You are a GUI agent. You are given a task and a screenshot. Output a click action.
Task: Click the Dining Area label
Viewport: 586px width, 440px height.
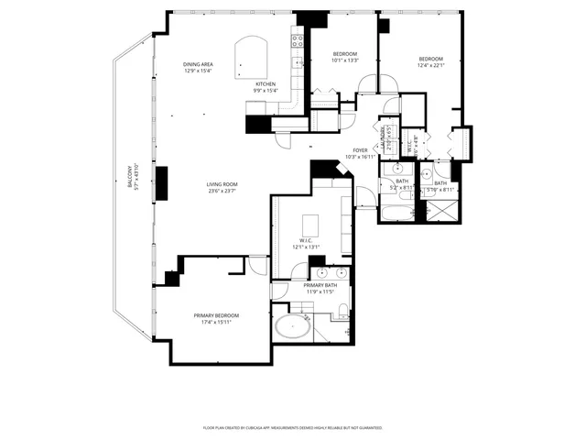pos(198,64)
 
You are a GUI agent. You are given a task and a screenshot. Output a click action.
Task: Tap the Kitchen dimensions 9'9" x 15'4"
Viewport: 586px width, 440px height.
pos(265,91)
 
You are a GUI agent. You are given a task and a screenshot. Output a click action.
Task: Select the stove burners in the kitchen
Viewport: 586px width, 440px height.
pos(298,40)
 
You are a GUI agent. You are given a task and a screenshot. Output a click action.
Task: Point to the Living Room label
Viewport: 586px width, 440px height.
pos(222,184)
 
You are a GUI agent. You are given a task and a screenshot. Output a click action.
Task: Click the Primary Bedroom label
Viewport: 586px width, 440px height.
pos(216,316)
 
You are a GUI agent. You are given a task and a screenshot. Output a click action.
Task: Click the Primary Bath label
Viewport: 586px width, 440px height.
pos(320,285)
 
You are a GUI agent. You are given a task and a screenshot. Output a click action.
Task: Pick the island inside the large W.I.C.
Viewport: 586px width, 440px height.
pos(311,225)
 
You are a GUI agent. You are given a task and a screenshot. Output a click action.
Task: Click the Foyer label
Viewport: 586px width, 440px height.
pos(361,150)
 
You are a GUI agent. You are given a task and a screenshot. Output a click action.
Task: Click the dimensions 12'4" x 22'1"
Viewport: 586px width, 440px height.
pos(430,64)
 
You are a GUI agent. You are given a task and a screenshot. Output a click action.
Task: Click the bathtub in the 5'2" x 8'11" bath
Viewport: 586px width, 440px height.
pos(397,214)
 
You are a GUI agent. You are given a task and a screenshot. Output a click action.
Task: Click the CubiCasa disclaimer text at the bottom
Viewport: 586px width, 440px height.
pos(293,427)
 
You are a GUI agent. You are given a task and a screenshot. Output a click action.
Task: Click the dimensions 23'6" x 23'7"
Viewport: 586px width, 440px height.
pos(222,191)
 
